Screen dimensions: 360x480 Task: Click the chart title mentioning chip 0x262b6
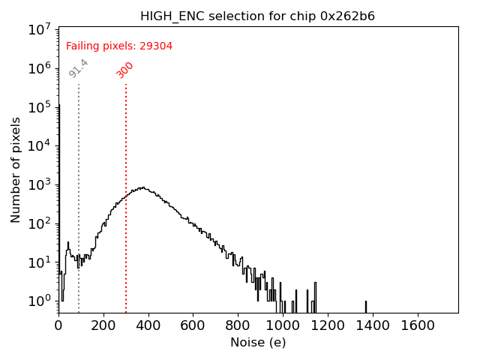pos(258,16)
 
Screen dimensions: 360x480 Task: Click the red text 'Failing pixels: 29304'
pos(119,46)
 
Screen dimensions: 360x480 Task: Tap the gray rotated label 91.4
pos(79,68)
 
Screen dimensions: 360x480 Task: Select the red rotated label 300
pos(125,70)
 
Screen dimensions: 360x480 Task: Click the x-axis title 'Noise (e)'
pos(258,343)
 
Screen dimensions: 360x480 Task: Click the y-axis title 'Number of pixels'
pos(16,169)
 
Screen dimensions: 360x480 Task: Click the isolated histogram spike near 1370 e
pos(366,307)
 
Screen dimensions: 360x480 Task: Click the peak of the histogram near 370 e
pos(141,187)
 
